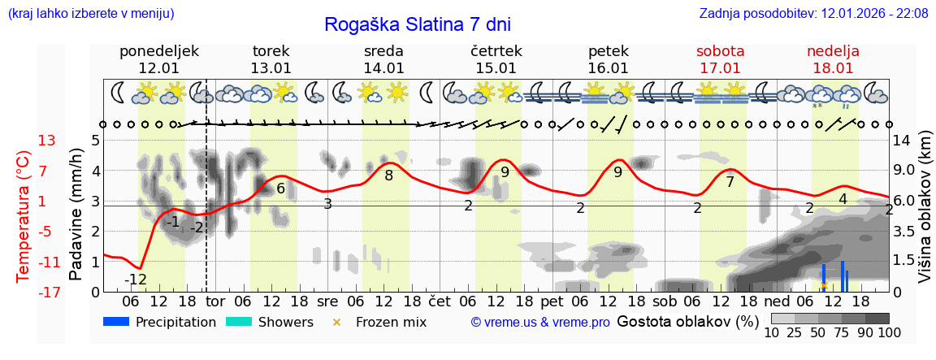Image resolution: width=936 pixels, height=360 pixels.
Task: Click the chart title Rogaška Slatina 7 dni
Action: (x=418, y=24)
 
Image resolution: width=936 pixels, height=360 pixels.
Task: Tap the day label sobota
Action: (x=720, y=51)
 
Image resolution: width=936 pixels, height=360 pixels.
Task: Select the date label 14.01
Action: (x=383, y=68)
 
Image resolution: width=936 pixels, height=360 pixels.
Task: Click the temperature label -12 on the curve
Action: (x=136, y=280)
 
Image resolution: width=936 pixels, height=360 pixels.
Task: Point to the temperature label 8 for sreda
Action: (x=388, y=175)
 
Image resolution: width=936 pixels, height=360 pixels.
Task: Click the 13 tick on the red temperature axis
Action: (x=47, y=141)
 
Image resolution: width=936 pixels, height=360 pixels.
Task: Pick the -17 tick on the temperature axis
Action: (x=47, y=292)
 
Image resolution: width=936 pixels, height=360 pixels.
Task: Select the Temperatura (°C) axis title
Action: (x=23, y=216)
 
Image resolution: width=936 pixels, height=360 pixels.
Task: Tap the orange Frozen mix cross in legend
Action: (x=337, y=322)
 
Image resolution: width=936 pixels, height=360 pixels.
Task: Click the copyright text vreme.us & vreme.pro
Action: (x=540, y=322)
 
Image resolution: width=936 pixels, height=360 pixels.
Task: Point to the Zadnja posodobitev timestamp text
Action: (x=813, y=14)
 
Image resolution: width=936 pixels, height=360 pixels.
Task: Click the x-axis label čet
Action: (x=440, y=301)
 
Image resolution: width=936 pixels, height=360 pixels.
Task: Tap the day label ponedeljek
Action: (x=158, y=51)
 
